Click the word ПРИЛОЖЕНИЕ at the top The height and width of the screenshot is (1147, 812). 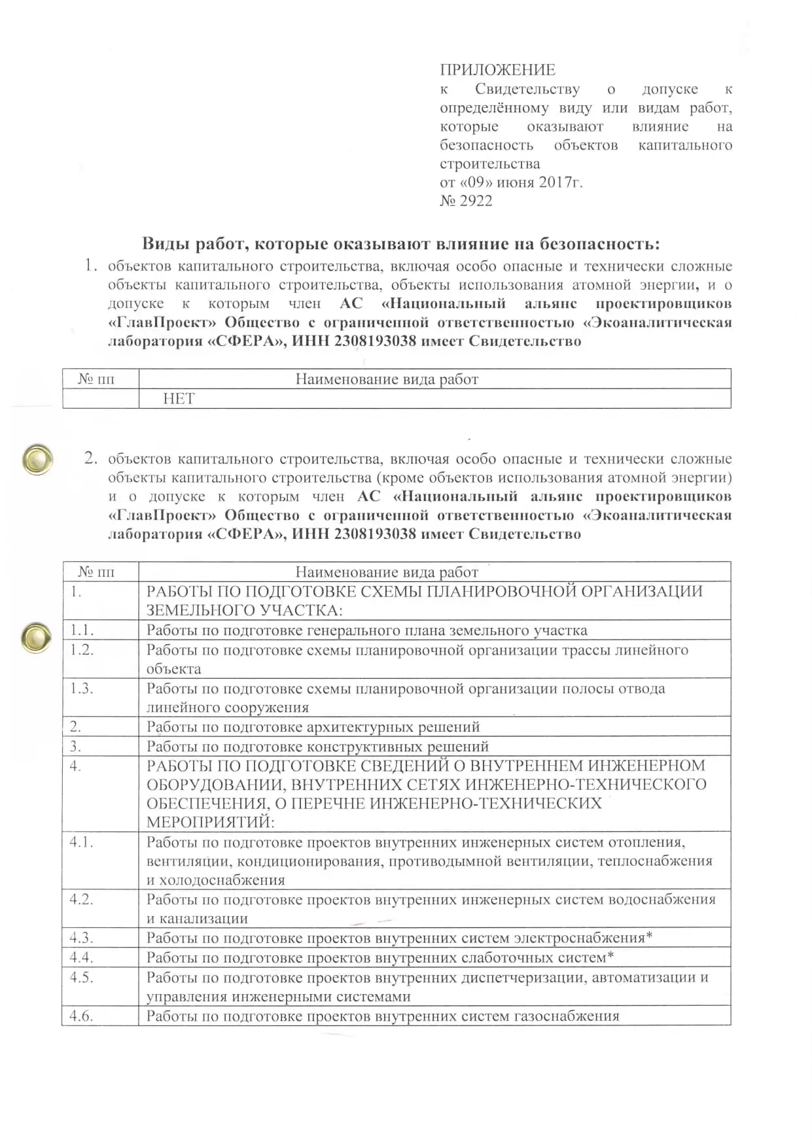(x=497, y=70)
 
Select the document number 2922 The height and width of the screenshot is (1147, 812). (x=476, y=201)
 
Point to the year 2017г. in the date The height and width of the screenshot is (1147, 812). (x=560, y=182)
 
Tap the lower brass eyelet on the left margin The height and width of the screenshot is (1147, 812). (x=36, y=637)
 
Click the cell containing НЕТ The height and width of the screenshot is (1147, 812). (x=179, y=399)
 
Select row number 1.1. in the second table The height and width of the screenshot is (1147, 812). (x=82, y=630)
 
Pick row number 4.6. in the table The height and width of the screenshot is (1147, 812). (x=82, y=1016)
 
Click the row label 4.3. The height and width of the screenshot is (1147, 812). (x=82, y=938)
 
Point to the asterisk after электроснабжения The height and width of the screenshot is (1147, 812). (x=649, y=936)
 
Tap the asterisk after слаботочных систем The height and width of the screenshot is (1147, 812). (x=610, y=956)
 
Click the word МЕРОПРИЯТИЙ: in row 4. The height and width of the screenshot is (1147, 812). (x=210, y=822)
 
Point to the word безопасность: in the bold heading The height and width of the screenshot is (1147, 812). (x=599, y=244)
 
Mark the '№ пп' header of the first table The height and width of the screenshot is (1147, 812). (x=96, y=379)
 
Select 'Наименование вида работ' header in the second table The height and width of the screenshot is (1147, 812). (x=387, y=572)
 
